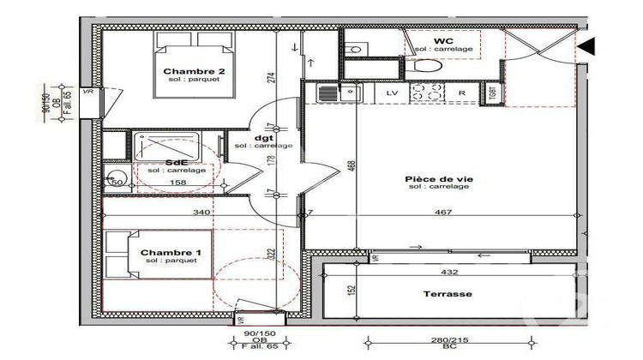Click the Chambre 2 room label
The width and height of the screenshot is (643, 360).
click(194, 71)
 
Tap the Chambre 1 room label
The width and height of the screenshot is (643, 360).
click(171, 251)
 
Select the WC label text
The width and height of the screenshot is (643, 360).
click(443, 41)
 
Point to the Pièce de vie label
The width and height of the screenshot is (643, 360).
click(439, 179)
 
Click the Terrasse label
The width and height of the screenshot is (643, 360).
click(447, 293)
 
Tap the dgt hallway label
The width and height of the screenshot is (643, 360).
click(263, 137)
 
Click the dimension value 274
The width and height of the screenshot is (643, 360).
click(270, 77)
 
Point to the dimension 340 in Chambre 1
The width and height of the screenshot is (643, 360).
click(202, 213)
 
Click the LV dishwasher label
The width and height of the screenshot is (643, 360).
click(392, 92)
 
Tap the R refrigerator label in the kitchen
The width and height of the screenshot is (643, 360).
click(461, 92)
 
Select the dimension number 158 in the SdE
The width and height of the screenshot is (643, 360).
click(177, 182)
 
